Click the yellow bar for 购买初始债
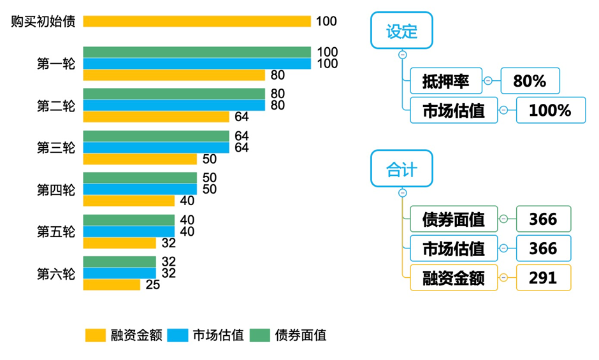197,21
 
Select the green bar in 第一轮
197,52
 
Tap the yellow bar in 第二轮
156,117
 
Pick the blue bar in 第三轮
156,148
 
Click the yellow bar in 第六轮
112,285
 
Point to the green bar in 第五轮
129,220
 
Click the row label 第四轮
56,190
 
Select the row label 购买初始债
43,21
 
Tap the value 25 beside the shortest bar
153,285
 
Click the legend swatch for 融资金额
96,335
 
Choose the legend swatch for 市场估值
178,335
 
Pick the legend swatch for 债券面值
260,335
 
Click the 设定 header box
401,31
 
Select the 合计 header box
401,169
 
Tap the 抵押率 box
445,81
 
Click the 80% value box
530,81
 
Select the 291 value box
543,278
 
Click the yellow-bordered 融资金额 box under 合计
453,278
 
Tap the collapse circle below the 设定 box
402,55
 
